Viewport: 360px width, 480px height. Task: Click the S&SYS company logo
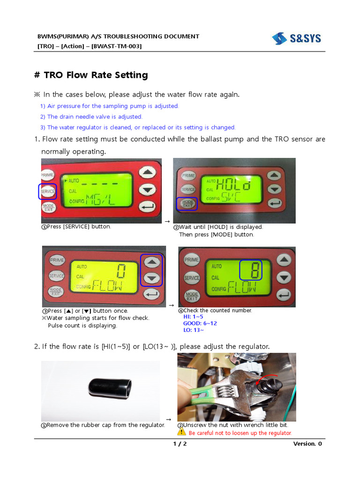click(296, 38)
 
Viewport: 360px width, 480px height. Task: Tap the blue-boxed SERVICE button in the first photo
click(47, 191)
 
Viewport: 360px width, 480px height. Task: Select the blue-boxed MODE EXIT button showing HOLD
click(187, 204)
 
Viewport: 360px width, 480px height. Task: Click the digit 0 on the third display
click(121, 270)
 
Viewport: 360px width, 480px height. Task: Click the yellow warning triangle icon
click(182, 433)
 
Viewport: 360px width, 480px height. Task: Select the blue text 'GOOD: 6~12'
click(200, 323)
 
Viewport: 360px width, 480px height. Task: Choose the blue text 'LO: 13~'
click(193, 330)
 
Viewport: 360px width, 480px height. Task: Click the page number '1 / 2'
click(180, 444)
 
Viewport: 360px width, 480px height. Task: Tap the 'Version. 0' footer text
click(307, 444)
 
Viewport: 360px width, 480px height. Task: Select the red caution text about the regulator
click(240, 433)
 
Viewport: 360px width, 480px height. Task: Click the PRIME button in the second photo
click(188, 176)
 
